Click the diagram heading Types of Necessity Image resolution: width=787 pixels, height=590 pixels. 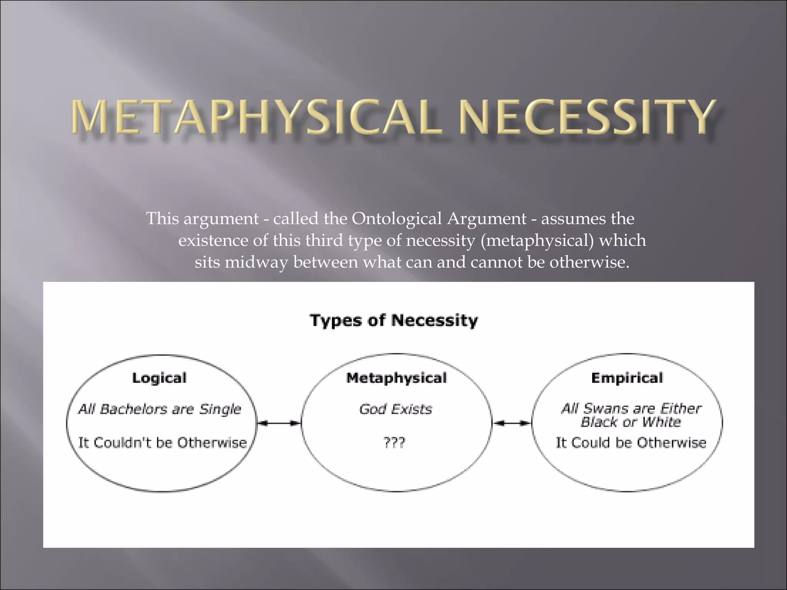pos(393,320)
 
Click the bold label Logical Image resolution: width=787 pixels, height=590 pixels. pos(159,378)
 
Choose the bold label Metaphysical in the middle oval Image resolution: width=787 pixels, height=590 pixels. pos(396,378)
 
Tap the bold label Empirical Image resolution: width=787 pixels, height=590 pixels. pos(627,378)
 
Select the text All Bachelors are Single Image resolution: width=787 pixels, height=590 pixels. pos(159,409)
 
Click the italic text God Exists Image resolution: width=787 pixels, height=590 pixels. pos(395,409)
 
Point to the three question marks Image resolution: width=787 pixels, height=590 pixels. pos(394,443)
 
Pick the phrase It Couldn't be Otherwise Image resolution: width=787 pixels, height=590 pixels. pos(162,443)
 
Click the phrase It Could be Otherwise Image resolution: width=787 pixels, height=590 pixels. pos(631,443)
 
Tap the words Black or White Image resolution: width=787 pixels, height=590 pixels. pos(630,422)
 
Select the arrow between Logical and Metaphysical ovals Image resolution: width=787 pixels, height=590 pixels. pos(279,423)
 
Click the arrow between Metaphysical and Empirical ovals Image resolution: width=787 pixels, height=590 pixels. pos(512,423)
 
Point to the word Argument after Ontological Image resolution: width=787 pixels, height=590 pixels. pos(486,219)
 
